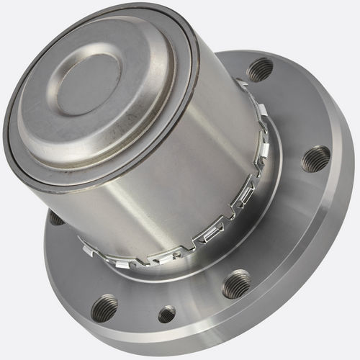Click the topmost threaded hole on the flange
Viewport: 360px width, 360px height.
(x=260, y=69)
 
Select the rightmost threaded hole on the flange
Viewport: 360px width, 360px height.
(x=315, y=158)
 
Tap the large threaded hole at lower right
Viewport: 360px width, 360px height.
(x=236, y=284)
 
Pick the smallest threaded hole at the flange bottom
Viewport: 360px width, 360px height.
(x=167, y=314)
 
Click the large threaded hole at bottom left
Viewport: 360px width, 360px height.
(x=105, y=307)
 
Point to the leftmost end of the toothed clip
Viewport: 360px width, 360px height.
(x=86, y=248)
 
